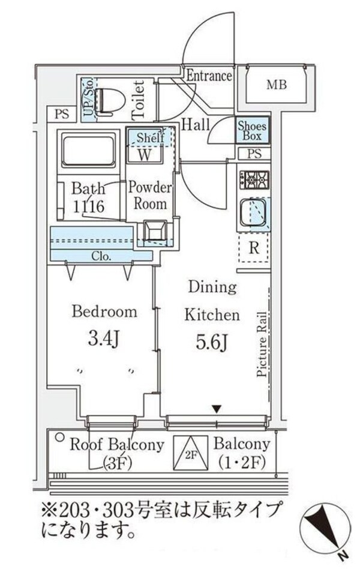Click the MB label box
(x=276, y=85)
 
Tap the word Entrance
(x=208, y=76)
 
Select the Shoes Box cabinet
(x=252, y=130)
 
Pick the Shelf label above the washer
(x=149, y=137)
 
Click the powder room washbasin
(x=155, y=231)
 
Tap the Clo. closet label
(x=100, y=256)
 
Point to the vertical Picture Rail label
(x=262, y=344)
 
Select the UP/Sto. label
(x=88, y=100)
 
